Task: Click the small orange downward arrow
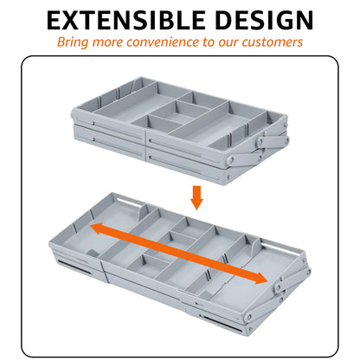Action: [196, 198]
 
